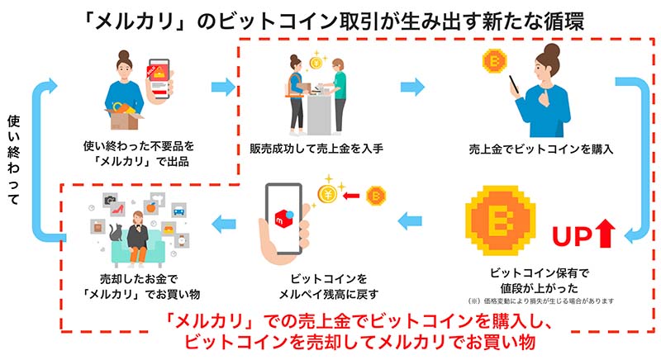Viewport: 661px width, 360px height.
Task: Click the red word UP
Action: point(573,237)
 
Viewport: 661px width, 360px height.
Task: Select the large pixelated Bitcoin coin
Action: point(501,220)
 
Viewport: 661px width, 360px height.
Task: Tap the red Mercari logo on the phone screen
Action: point(282,218)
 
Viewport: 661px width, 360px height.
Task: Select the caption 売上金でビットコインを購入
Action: point(541,149)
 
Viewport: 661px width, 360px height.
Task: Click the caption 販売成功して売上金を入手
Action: point(316,149)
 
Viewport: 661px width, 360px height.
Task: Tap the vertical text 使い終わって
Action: point(14,160)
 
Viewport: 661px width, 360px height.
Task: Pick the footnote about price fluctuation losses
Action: point(541,301)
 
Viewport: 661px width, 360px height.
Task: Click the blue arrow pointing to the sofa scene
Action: point(224,224)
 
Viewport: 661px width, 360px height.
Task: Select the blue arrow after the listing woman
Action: point(223,87)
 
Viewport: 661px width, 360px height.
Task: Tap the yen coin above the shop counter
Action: point(316,63)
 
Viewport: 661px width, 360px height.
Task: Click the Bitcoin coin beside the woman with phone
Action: point(495,61)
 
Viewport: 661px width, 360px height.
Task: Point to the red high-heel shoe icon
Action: point(117,209)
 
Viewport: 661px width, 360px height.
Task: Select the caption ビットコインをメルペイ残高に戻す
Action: point(329,287)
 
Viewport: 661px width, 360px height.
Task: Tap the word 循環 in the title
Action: point(563,21)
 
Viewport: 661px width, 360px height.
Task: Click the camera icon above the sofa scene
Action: point(110,200)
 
